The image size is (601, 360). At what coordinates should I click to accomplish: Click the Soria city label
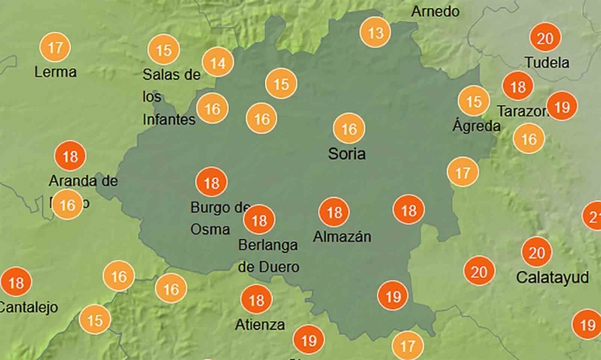tap(347, 155)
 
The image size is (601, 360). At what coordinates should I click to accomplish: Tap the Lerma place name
tap(55, 72)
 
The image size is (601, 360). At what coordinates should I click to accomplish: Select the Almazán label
tap(342, 236)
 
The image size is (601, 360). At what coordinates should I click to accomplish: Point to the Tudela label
tap(546, 62)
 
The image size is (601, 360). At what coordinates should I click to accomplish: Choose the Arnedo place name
tap(435, 12)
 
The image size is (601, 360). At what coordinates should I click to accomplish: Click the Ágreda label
tap(476, 126)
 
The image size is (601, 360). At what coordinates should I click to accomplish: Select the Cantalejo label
tap(29, 307)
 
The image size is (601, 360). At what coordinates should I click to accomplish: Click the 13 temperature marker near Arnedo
tap(375, 33)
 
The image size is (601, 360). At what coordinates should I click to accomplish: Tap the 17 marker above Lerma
tap(55, 46)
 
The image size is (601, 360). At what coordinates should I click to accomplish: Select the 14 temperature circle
tap(218, 62)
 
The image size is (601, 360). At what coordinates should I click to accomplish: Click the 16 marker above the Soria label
tap(348, 129)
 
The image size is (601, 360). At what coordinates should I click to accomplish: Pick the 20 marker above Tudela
tap(545, 38)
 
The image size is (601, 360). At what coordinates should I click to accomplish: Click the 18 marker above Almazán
tap(334, 212)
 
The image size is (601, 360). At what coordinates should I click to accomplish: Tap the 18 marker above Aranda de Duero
tap(71, 156)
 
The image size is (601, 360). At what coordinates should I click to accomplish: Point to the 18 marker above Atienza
tap(256, 299)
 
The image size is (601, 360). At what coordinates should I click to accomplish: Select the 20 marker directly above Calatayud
tap(536, 251)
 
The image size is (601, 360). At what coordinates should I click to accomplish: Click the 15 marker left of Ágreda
tap(475, 101)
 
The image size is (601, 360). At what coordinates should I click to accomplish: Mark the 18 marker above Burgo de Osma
tap(211, 182)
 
